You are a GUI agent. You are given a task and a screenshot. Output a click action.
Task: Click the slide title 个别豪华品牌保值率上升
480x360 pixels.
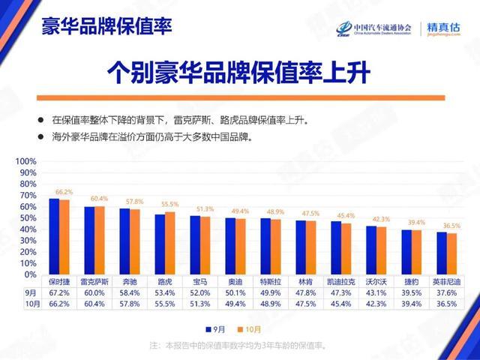pos(239,74)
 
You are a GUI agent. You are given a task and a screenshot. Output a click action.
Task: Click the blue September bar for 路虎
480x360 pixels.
pos(160,244)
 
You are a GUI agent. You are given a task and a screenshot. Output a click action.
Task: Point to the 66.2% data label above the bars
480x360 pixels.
pos(64,192)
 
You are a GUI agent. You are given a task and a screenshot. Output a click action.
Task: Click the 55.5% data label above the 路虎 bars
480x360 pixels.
pos(169,204)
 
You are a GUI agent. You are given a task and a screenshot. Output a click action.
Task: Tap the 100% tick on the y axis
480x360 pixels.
pos(26,161)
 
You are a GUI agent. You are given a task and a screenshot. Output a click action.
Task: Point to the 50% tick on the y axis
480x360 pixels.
pos(28,218)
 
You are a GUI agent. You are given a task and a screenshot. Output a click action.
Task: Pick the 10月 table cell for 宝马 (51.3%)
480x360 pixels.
pos(200,304)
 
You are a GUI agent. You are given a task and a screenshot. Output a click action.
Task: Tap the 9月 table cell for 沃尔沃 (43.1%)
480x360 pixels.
pos(376,292)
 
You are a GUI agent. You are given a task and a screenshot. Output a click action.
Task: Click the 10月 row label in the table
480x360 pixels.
pos(30,304)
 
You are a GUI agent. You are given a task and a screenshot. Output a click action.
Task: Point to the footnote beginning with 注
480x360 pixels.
pos(239,345)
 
